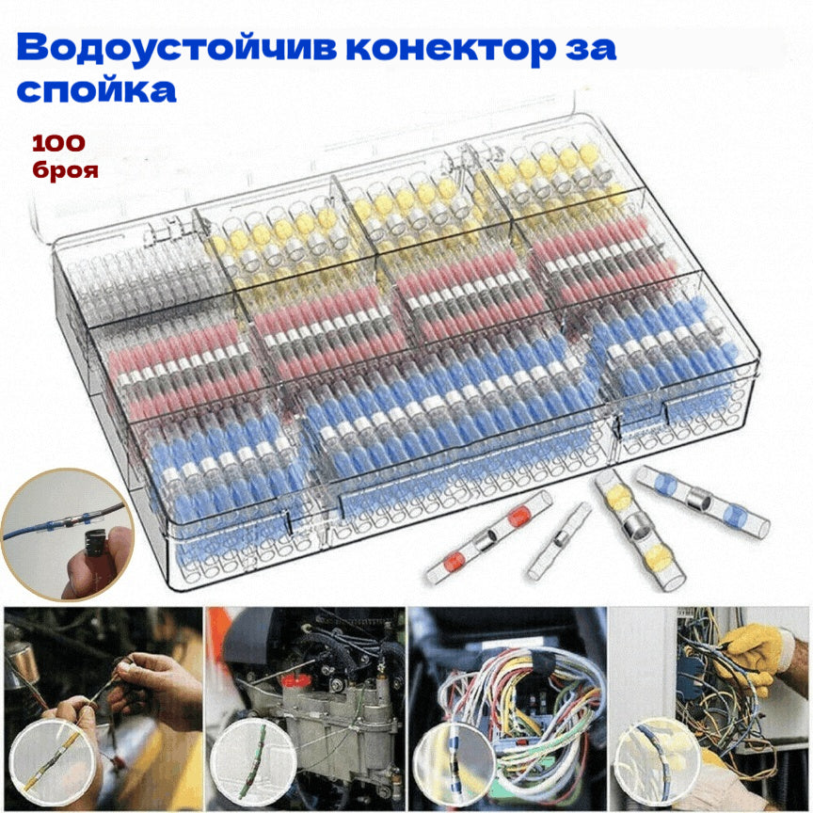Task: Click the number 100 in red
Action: click(58, 144)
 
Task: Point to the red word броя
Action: click(63, 171)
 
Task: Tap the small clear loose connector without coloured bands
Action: click(559, 541)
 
